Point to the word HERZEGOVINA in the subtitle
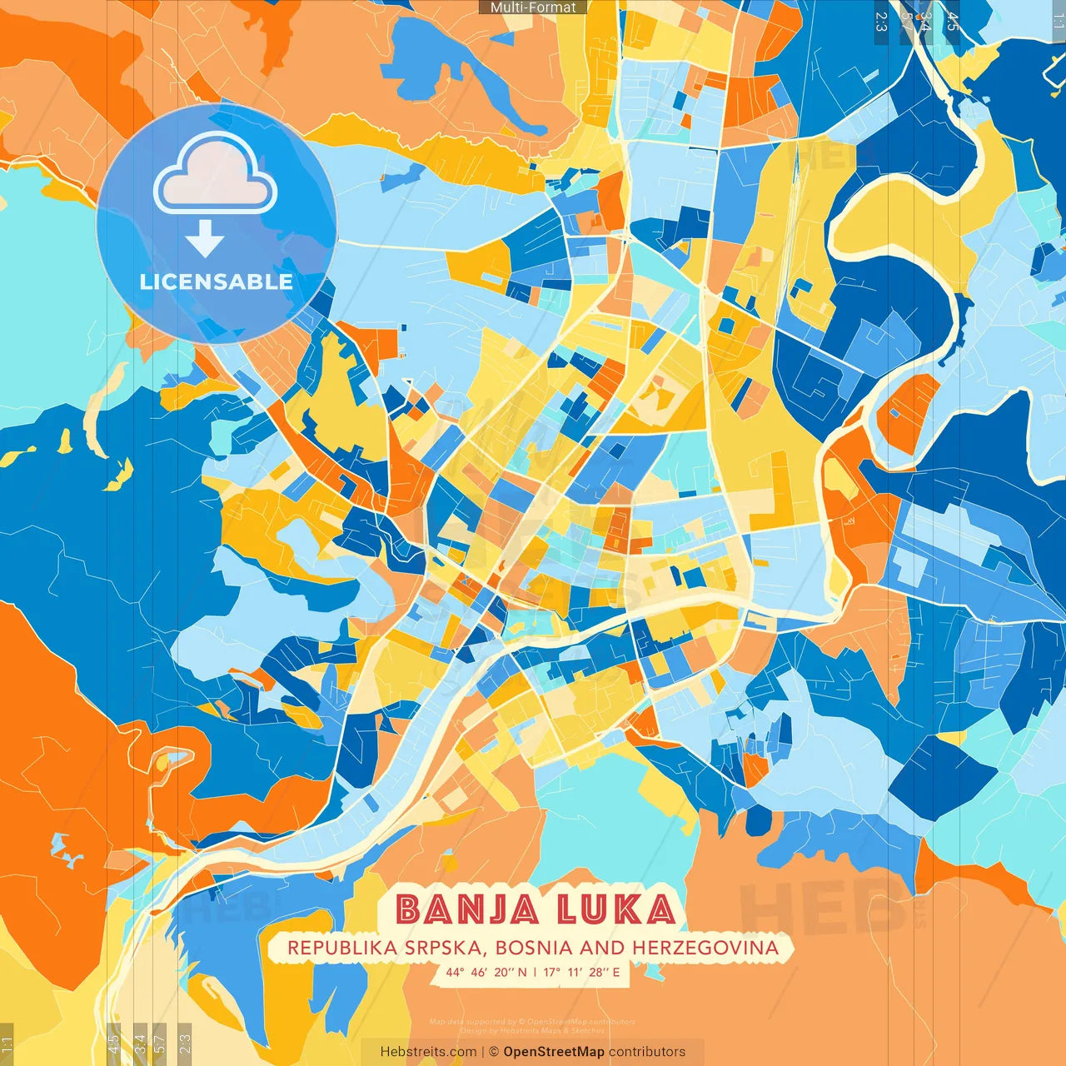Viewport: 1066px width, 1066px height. click(705, 948)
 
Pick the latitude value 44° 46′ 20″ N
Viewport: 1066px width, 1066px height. click(486, 972)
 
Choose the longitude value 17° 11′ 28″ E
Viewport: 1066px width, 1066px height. click(581, 972)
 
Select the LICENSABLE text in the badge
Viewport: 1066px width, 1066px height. click(216, 281)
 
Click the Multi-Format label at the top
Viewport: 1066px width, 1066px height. click(533, 7)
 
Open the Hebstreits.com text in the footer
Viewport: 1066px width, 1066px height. click(428, 1052)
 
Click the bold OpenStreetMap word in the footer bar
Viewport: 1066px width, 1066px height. click(554, 1052)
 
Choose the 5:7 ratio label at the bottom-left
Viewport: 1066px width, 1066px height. click(160, 1043)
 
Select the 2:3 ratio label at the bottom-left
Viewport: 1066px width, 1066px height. click(185, 1043)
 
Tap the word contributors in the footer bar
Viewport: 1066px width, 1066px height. click(647, 1052)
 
